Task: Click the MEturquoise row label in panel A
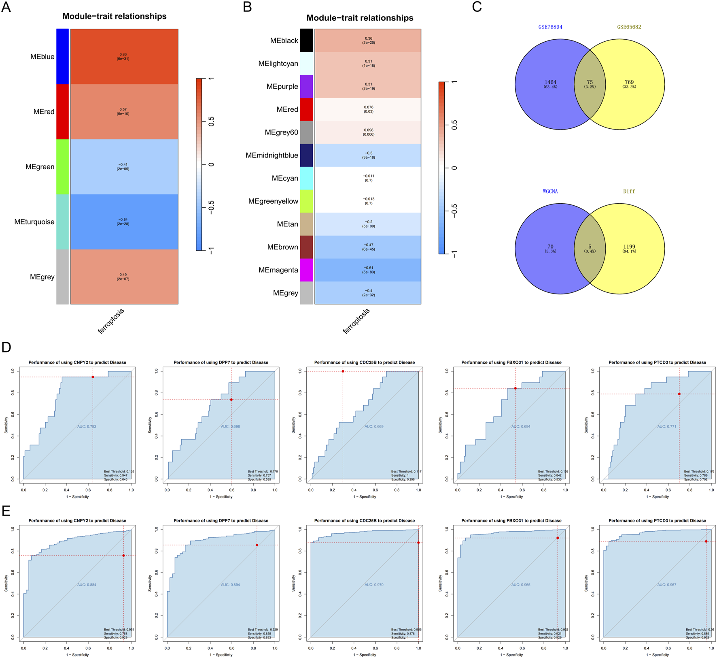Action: [34, 222]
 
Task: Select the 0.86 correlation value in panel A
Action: [123, 54]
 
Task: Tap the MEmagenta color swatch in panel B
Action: [306, 270]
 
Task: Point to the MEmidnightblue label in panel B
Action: [272, 155]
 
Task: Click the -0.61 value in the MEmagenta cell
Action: [368, 268]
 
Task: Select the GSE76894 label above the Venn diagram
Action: [550, 27]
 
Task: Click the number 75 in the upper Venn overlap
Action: [590, 82]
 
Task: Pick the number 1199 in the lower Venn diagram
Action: [629, 247]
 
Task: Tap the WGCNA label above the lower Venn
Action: [550, 192]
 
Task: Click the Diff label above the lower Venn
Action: [629, 192]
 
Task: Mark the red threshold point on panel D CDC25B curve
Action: [343, 371]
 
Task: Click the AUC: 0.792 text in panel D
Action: [87, 426]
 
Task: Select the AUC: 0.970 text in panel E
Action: [374, 585]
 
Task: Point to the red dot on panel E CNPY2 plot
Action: [123, 556]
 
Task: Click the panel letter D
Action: [6, 347]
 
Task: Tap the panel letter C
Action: [477, 7]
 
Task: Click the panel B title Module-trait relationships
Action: [360, 18]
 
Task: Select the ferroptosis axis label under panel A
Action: [111, 321]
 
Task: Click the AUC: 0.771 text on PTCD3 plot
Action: [666, 426]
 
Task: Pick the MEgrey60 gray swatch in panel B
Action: [306, 132]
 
